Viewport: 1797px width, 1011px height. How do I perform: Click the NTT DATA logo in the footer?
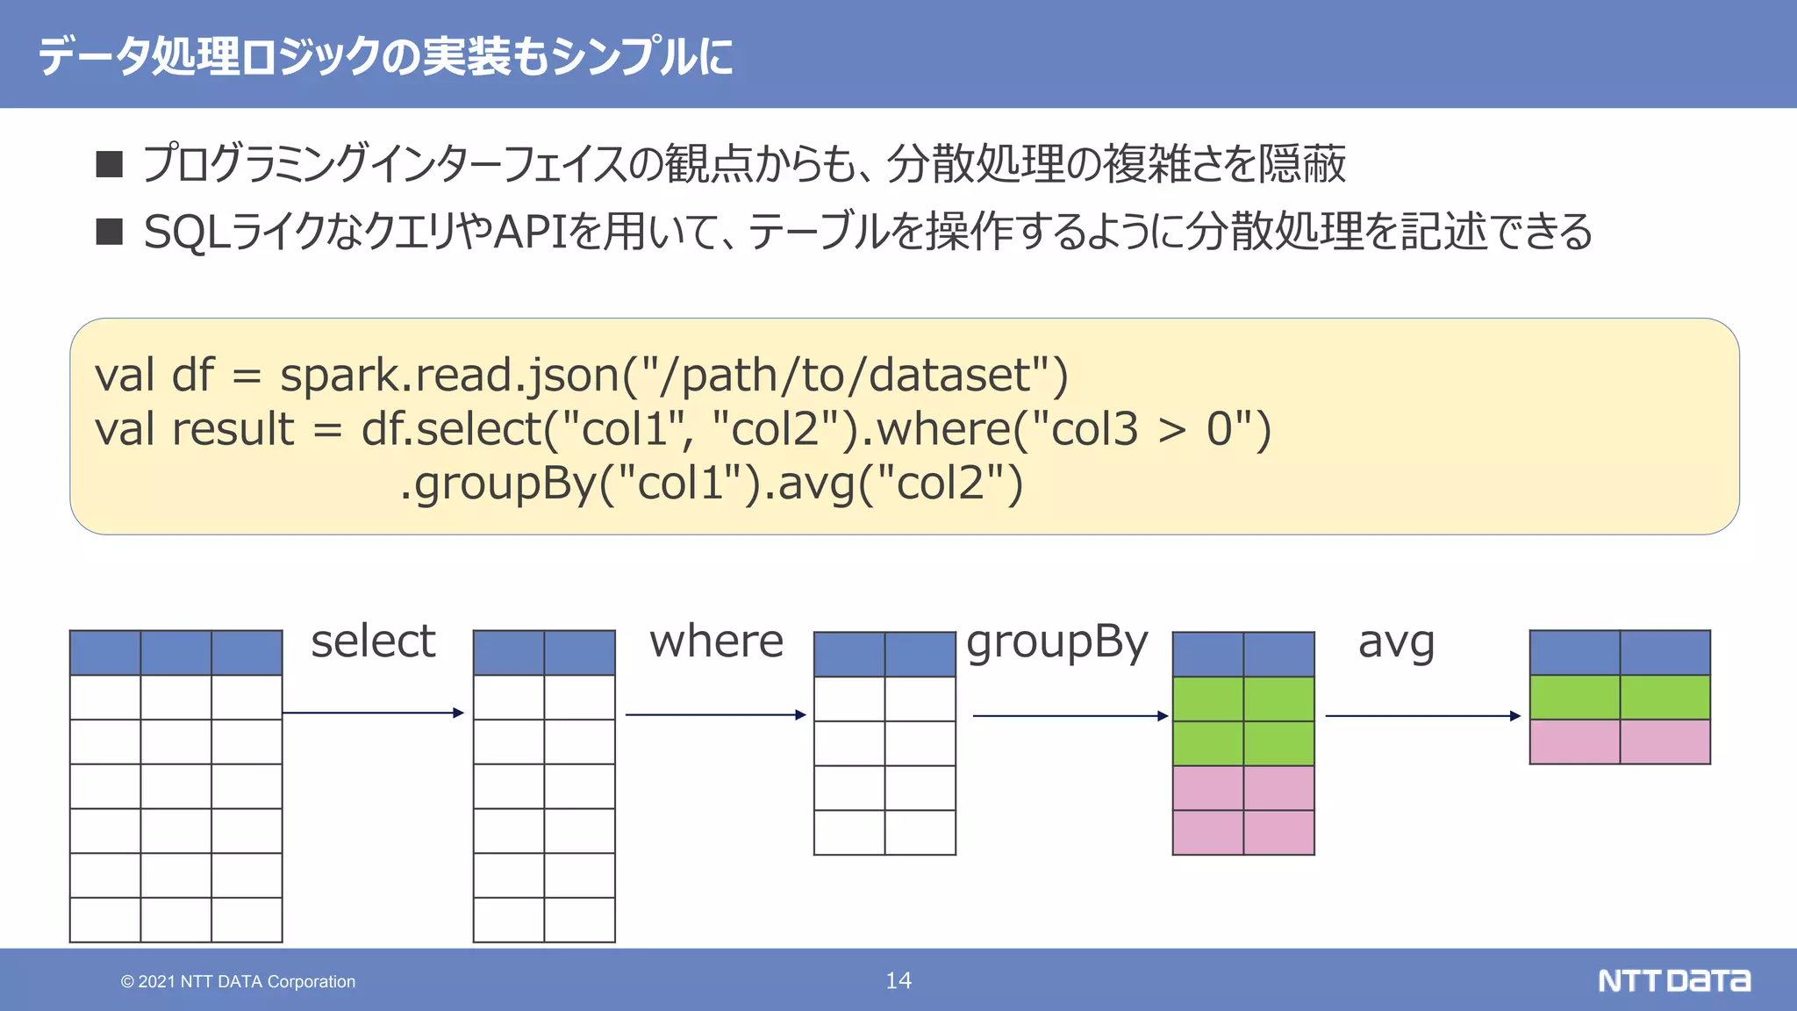coord(1673,980)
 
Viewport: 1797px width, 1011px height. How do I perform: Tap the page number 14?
coord(898,980)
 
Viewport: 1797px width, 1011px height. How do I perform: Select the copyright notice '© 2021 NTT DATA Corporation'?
coord(238,981)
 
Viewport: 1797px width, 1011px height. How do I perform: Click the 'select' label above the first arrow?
coord(373,641)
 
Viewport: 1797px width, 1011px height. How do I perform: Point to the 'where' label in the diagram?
coord(716,641)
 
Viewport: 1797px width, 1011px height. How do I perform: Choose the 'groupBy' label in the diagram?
coord(1056,642)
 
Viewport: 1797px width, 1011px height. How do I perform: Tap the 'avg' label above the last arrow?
coord(1396,642)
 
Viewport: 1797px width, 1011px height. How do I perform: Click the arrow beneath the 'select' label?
coord(373,713)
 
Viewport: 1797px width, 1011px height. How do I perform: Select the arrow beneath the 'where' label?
coord(715,714)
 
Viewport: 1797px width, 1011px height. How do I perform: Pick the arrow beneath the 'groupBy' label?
coord(1070,716)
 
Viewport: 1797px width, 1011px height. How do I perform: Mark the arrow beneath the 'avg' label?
coord(1422,716)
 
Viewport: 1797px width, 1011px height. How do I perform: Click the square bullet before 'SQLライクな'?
coord(110,232)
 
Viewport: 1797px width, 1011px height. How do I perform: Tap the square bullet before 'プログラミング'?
coord(110,164)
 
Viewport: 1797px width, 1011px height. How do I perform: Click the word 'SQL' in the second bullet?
coord(182,233)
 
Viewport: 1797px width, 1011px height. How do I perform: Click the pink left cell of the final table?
coord(1574,742)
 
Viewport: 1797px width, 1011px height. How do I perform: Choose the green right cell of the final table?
coord(1665,697)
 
